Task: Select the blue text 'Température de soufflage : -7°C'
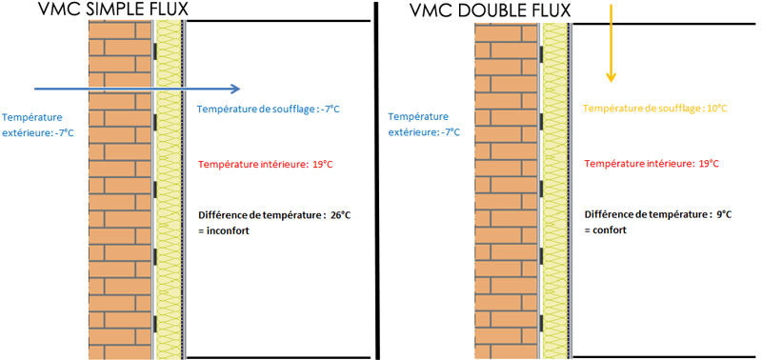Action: (x=269, y=110)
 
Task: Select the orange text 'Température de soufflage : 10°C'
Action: (x=655, y=109)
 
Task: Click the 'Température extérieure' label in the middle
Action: (x=425, y=124)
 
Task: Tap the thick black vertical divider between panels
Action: (x=377, y=181)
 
